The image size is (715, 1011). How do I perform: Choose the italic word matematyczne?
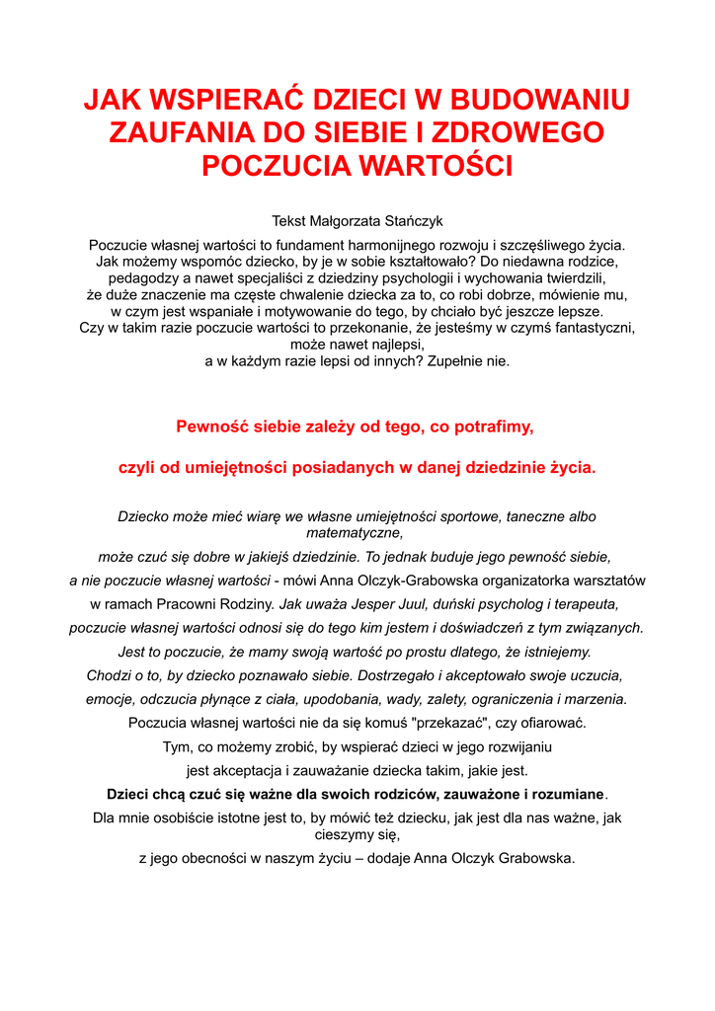tap(357, 533)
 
